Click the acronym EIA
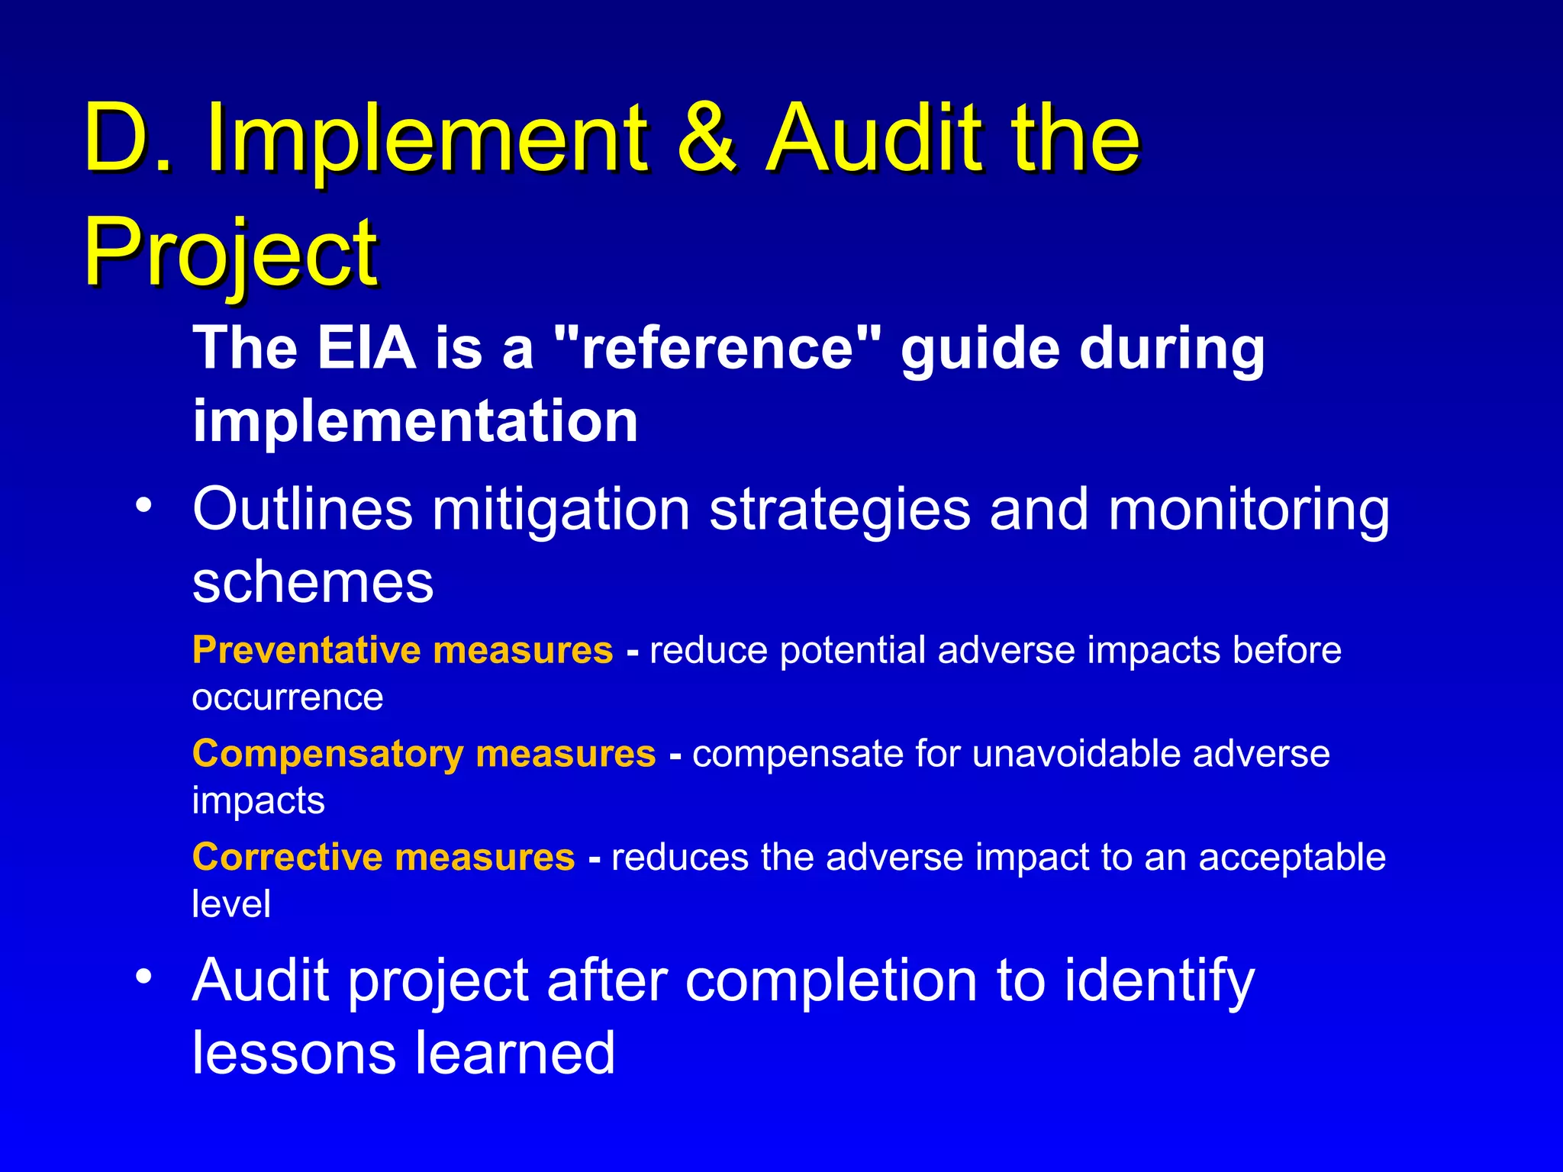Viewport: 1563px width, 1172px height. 366,348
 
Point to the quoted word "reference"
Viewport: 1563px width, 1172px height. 717,348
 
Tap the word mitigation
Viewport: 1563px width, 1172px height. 562,509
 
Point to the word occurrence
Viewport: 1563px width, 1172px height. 287,697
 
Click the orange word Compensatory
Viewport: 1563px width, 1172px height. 327,754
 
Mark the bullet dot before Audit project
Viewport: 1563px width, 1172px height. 144,977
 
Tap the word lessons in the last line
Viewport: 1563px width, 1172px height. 295,1053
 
